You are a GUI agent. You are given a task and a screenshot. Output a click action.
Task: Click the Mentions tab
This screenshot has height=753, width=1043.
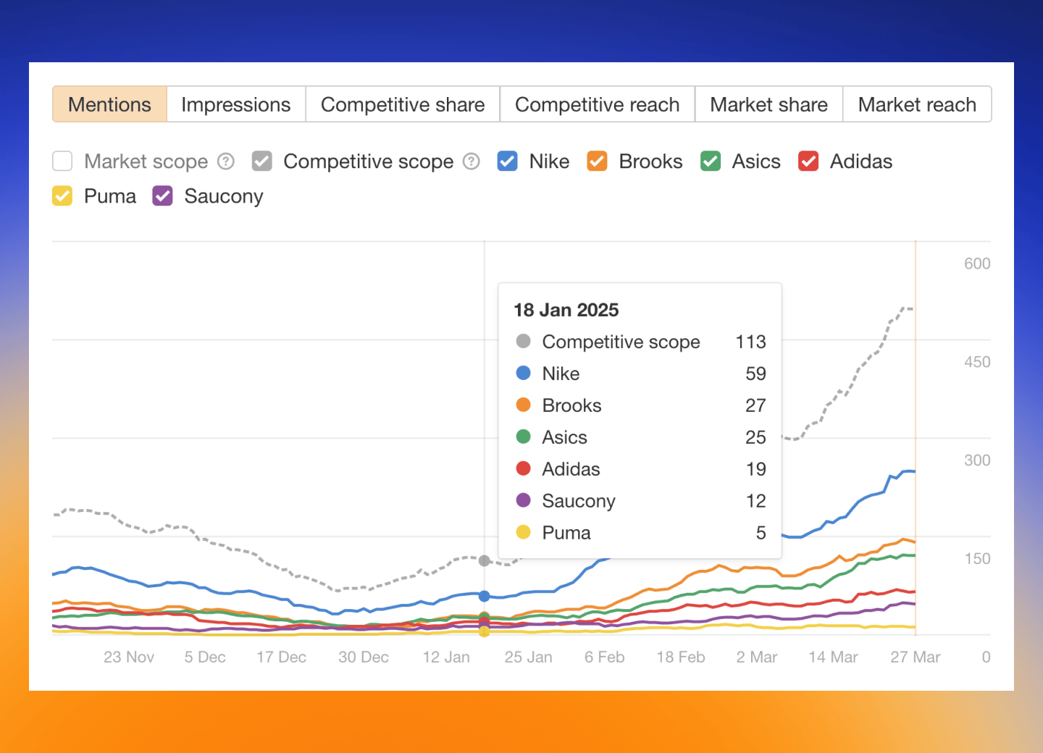pos(109,105)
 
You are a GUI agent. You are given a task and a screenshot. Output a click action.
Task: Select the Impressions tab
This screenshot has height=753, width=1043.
pos(235,105)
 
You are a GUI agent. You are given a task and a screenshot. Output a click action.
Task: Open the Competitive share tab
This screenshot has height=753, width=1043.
pos(403,105)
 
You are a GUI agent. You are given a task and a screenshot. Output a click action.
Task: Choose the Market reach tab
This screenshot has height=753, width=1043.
pos(916,105)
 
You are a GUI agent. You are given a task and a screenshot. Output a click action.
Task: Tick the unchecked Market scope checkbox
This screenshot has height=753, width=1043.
pos(63,161)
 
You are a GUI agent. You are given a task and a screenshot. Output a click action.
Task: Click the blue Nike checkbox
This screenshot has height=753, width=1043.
pos(507,161)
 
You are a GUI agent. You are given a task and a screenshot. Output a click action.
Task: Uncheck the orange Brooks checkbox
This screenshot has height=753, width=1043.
pos(597,161)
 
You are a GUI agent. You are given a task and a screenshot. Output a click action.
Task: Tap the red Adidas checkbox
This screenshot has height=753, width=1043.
pos(808,161)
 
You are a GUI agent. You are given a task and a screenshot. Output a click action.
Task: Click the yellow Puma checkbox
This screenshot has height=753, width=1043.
pos(63,196)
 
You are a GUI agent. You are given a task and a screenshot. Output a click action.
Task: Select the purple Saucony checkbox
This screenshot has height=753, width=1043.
pos(163,196)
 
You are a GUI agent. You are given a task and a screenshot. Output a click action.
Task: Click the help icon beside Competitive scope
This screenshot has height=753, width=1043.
pos(472,161)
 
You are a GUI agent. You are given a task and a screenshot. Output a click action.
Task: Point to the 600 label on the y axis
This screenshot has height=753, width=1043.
pos(976,264)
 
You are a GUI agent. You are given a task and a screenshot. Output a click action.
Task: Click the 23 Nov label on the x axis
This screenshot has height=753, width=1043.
pos(129,657)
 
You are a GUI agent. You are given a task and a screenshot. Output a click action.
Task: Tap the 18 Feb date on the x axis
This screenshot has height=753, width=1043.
pos(680,657)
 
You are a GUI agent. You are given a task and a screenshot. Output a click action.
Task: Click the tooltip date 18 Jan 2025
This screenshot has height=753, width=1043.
pos(566,311)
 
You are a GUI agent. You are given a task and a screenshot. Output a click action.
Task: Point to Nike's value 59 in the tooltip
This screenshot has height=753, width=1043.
pos(755,374)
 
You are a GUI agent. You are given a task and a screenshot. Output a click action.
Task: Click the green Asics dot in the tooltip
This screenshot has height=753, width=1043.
pos(523,437)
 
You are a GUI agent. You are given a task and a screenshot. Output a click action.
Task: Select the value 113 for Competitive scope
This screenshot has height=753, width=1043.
pos(750,342)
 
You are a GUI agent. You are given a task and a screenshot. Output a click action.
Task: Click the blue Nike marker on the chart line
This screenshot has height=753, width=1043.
pos(485,596)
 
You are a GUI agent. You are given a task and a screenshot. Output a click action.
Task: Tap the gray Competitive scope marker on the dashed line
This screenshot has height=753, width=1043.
pos(485,560)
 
